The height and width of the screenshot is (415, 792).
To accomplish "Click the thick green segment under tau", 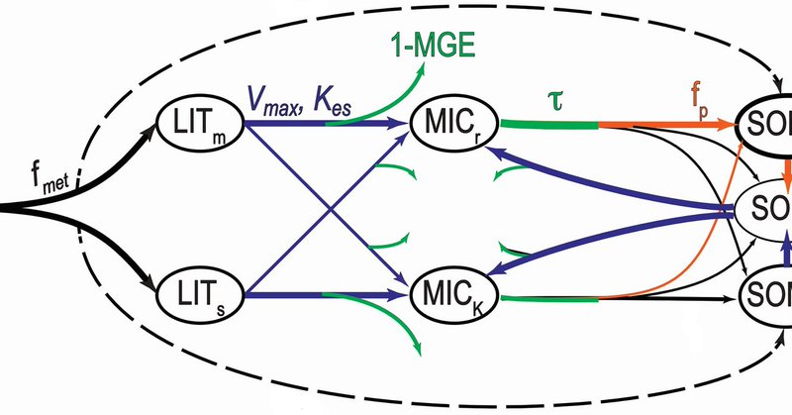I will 547,125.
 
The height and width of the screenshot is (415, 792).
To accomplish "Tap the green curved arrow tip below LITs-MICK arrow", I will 421,348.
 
